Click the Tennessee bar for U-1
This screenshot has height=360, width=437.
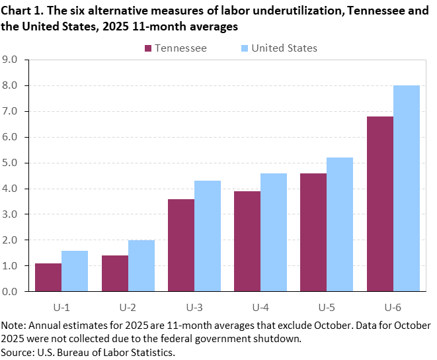pyautogui.click(x=48, y=277)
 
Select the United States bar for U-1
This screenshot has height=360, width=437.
pyautogui.click(x=75, y=271)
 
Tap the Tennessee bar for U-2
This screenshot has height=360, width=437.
pyautogui.click(x=114, y=273)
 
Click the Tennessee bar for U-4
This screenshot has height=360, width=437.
pyautogui.click(x=247, y=241)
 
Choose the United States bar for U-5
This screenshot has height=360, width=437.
pyautogui.click(x=340, y=224)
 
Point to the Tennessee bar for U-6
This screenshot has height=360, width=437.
pyautogui.click(x=379, y=204)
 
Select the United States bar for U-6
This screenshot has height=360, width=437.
pyautogui.click(x=407, y=189)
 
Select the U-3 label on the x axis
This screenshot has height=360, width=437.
pyautogui.click(x=194, y=308)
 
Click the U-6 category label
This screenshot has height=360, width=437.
pyautogui.click(x=393, y=308)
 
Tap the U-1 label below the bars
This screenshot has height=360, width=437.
pyautogui.click(x=61, y=308)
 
